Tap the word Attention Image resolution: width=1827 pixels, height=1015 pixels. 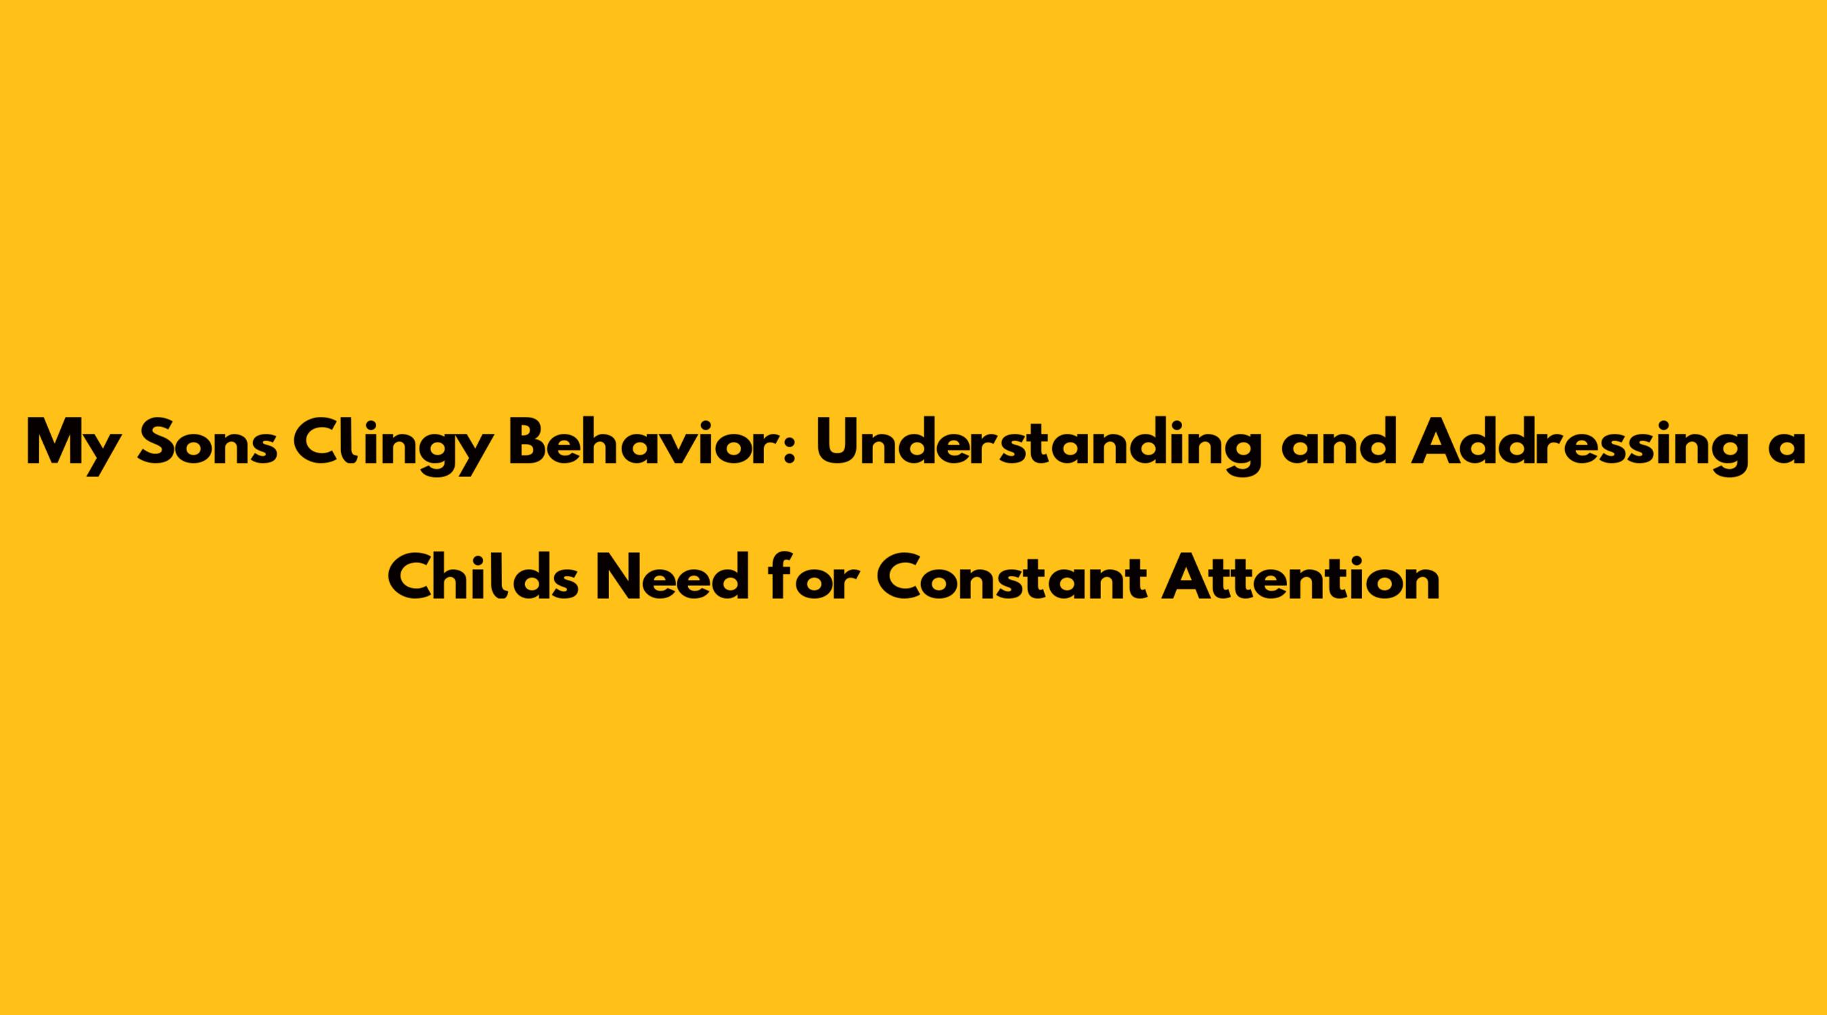(1300, 576)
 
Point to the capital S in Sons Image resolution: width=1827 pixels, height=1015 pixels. (156, 444)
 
